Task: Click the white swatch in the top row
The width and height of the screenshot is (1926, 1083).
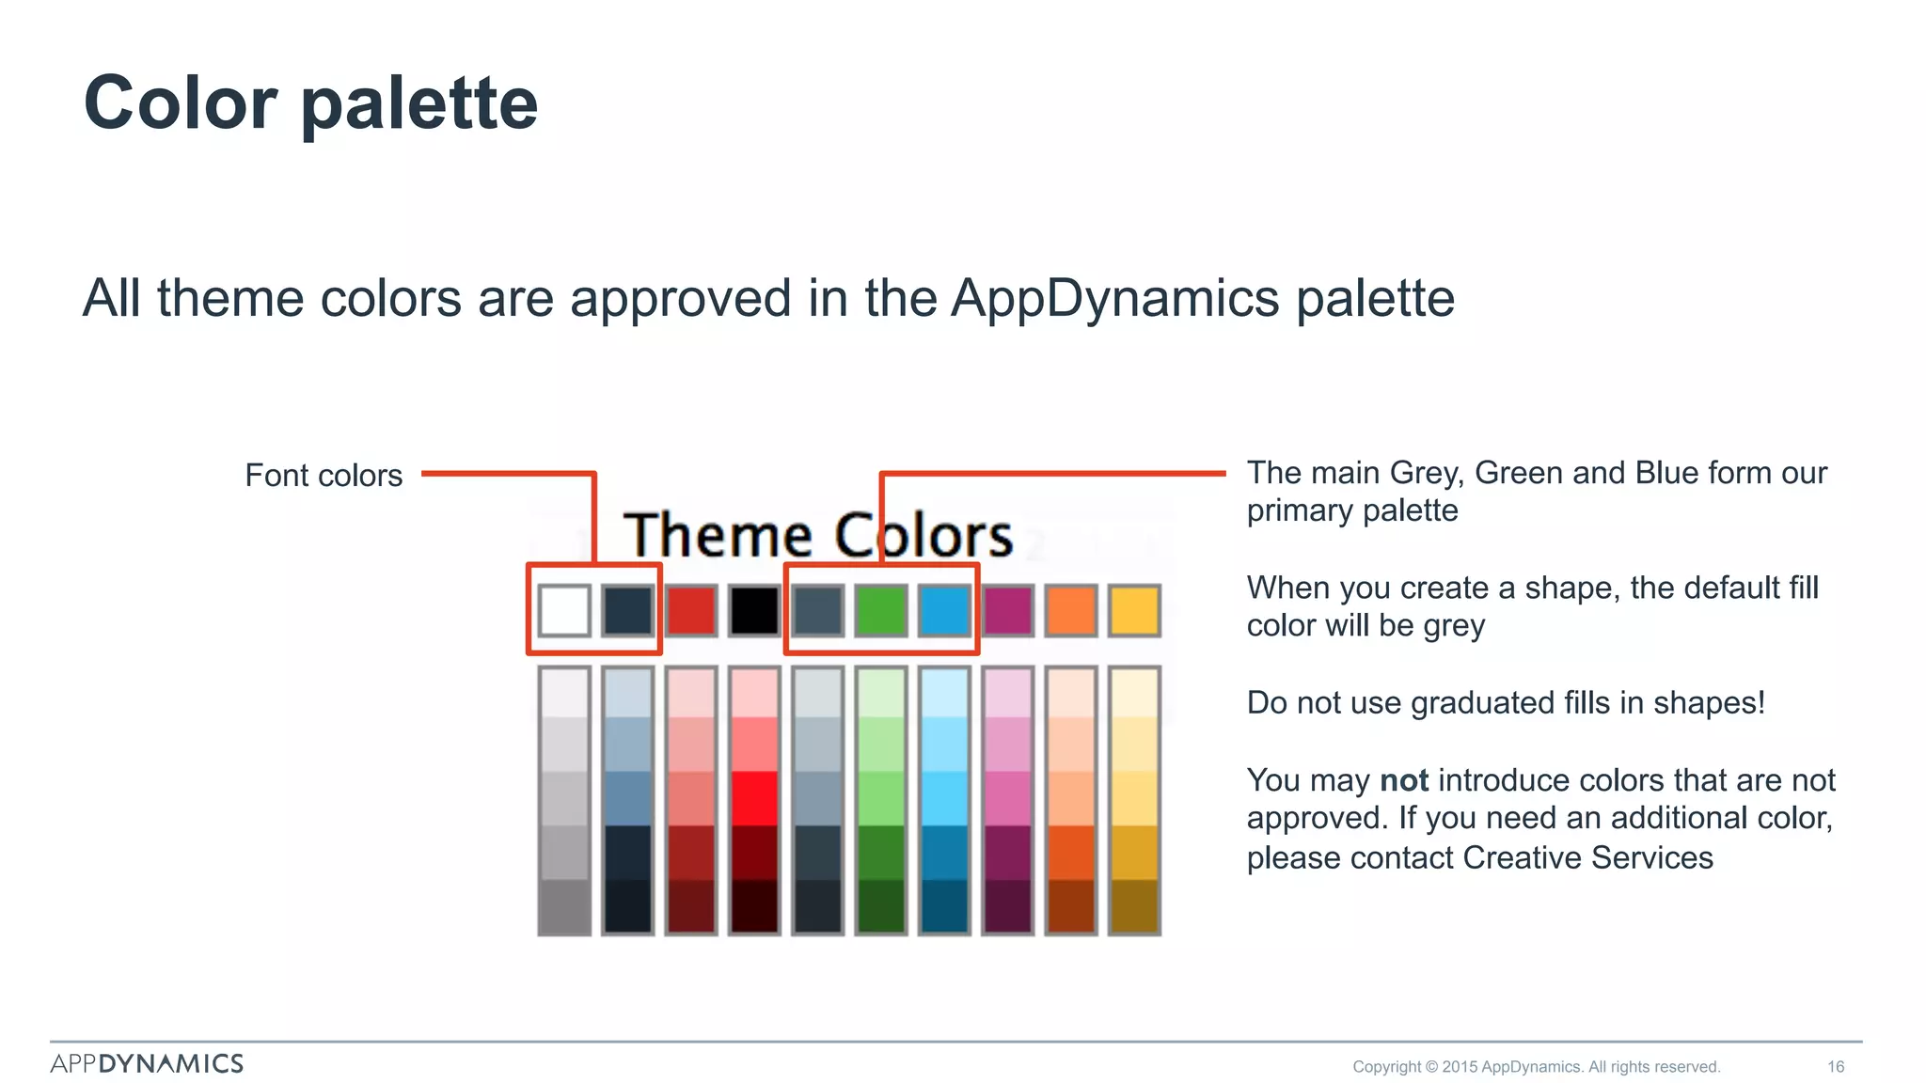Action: click(564, 610)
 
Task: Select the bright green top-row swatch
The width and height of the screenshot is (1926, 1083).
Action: click(881, 610)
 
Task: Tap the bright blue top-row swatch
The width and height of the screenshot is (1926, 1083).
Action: click(944, 610)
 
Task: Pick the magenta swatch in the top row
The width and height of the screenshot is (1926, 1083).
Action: click(1007, 610)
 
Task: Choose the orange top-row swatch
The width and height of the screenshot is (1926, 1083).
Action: click(1071, 610)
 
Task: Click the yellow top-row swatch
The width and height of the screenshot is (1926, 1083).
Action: click(1134, 610)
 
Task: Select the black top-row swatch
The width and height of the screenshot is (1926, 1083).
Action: click(754, 610)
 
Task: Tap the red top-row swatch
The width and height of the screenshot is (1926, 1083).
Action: click(691, 610)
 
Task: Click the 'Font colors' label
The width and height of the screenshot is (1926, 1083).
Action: click(324, 476)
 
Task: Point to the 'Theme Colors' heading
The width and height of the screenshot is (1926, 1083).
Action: click(818, 535)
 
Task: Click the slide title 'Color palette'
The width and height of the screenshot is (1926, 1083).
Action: click(310, 103)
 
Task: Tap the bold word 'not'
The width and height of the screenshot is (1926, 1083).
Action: click(1403, 780)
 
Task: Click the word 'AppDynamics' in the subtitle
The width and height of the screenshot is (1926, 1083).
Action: click(1114, 299)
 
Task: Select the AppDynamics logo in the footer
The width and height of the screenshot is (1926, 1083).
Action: click(147, 1063)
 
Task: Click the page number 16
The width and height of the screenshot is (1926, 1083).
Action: click(1835, 1066)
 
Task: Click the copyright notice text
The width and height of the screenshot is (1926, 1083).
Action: click(1536, 1066)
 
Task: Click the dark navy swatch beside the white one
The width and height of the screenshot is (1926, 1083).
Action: click(627, 610)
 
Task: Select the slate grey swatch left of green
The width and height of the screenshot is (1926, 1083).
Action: click(817, 610)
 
